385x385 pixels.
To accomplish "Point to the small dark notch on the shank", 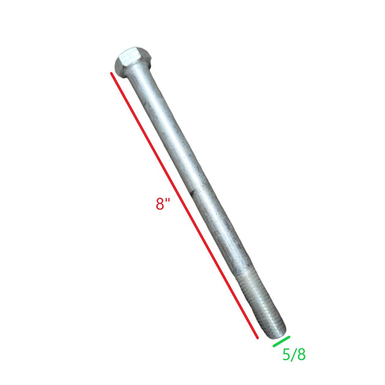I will click(x=191, y=194).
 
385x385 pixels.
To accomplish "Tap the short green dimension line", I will click(x=281, y=341).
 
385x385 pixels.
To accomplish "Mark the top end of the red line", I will click(x=111, y=73).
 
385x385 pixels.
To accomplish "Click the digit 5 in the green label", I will click(x=286, y=355).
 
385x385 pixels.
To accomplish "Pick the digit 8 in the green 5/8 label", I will click(x=301, y=355).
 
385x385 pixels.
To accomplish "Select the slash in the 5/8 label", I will click(x=294, y=355).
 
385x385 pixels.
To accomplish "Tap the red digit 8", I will click(x=160, y=204).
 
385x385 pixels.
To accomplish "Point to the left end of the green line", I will click(x=274, y=346).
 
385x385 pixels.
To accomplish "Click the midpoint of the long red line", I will click(x=185, y=206).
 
